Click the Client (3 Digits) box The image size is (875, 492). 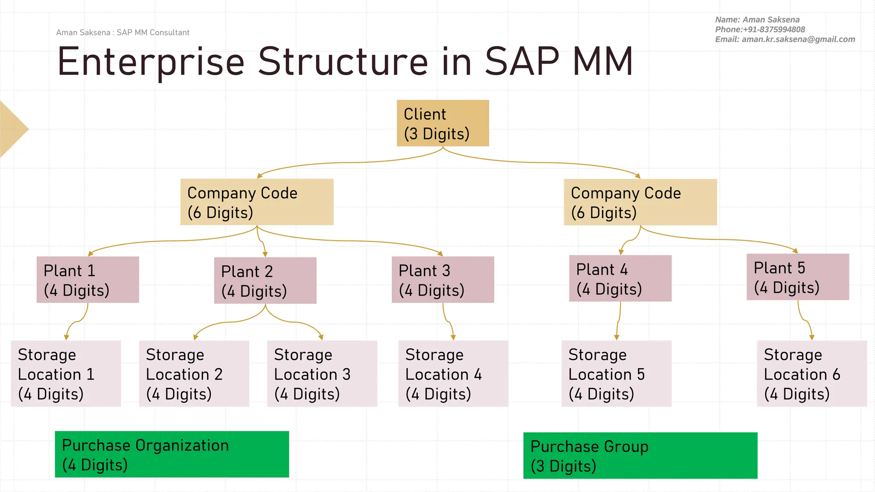(443, 123)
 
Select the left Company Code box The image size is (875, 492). (257, 202)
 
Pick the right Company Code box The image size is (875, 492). (640, 202)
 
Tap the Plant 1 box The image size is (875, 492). (88, 280)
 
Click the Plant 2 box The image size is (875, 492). (265, 281)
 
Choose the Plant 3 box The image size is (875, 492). (443, 280)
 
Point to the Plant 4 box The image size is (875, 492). (620, 278)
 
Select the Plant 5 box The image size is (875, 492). (798, 277)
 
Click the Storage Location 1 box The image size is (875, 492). (66, 374)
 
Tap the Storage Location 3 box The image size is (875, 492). (322, 374)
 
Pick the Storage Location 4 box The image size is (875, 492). (453, 374)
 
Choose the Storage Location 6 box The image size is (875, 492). (811, 374)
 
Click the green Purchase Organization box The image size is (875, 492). (172, 454)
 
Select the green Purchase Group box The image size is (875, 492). (640, 456)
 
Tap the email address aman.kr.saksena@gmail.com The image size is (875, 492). (798, 39)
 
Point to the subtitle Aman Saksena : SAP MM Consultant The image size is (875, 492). (123, 32)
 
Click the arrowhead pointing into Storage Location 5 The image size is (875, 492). (617, 337)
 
